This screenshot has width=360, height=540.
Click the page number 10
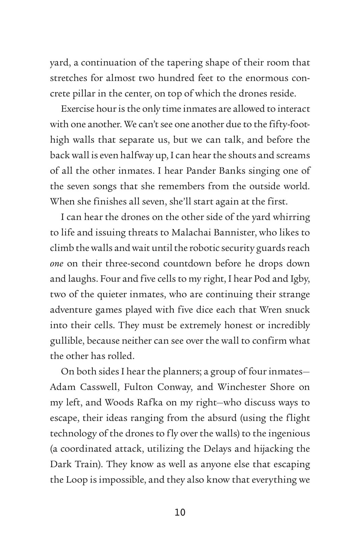click(x=180, y=512)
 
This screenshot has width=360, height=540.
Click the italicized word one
click(x=56, y=264)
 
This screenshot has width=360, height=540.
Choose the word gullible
click(x=67, y=341)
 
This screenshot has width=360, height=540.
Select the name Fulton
click(x=138, y=387)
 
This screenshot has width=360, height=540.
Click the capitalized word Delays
click(x=221, y=449)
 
